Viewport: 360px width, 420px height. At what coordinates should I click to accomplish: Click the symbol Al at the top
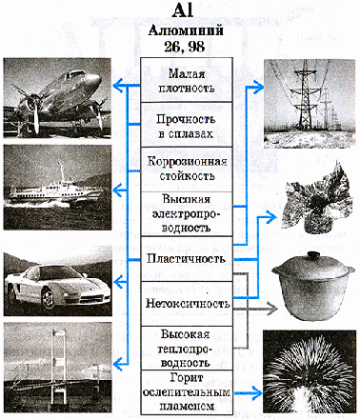183,11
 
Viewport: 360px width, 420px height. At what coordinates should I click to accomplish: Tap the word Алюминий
186,30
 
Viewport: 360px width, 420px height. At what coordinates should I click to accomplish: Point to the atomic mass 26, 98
185,47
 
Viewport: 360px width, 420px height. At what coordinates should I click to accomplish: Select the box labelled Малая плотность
187,80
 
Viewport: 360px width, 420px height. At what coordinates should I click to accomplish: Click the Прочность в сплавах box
187,125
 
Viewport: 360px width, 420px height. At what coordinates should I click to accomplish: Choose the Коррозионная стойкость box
187,170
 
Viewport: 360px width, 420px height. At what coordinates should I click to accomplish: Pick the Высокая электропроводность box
187,214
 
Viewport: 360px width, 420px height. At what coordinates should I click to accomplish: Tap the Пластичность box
187,259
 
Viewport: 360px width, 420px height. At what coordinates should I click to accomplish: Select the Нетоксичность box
187,304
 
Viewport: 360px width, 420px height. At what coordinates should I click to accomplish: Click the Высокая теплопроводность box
187,348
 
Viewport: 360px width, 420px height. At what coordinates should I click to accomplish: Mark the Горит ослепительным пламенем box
187,392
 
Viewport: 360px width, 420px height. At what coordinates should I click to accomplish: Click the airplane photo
57,98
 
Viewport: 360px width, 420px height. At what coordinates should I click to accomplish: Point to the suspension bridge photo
58,368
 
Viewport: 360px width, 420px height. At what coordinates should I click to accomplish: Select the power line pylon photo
310,104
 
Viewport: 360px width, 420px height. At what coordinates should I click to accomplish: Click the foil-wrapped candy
315,197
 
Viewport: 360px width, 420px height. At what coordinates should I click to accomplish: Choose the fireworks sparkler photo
310,371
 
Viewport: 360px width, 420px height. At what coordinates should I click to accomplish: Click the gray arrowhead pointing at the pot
272,309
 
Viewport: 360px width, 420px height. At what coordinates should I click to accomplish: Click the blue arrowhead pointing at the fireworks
256,392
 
